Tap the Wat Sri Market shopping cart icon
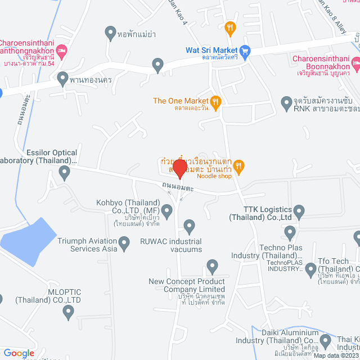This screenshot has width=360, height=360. coord(244,50)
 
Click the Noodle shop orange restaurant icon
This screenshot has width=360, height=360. coord(239,165)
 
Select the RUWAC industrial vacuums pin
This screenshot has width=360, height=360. coord(190,227)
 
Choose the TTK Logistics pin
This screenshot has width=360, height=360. coord(299,211)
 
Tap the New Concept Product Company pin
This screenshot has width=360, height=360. coord(212,265)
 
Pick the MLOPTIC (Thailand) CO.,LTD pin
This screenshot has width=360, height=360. coord(68,312)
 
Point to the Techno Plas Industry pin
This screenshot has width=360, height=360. coord(290,232)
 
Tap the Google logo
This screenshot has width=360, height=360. coord(19,353)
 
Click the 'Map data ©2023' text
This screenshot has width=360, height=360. coord(336,355)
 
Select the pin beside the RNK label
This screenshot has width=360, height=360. coord(286,102)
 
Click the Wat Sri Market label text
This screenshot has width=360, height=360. coord(210,50)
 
